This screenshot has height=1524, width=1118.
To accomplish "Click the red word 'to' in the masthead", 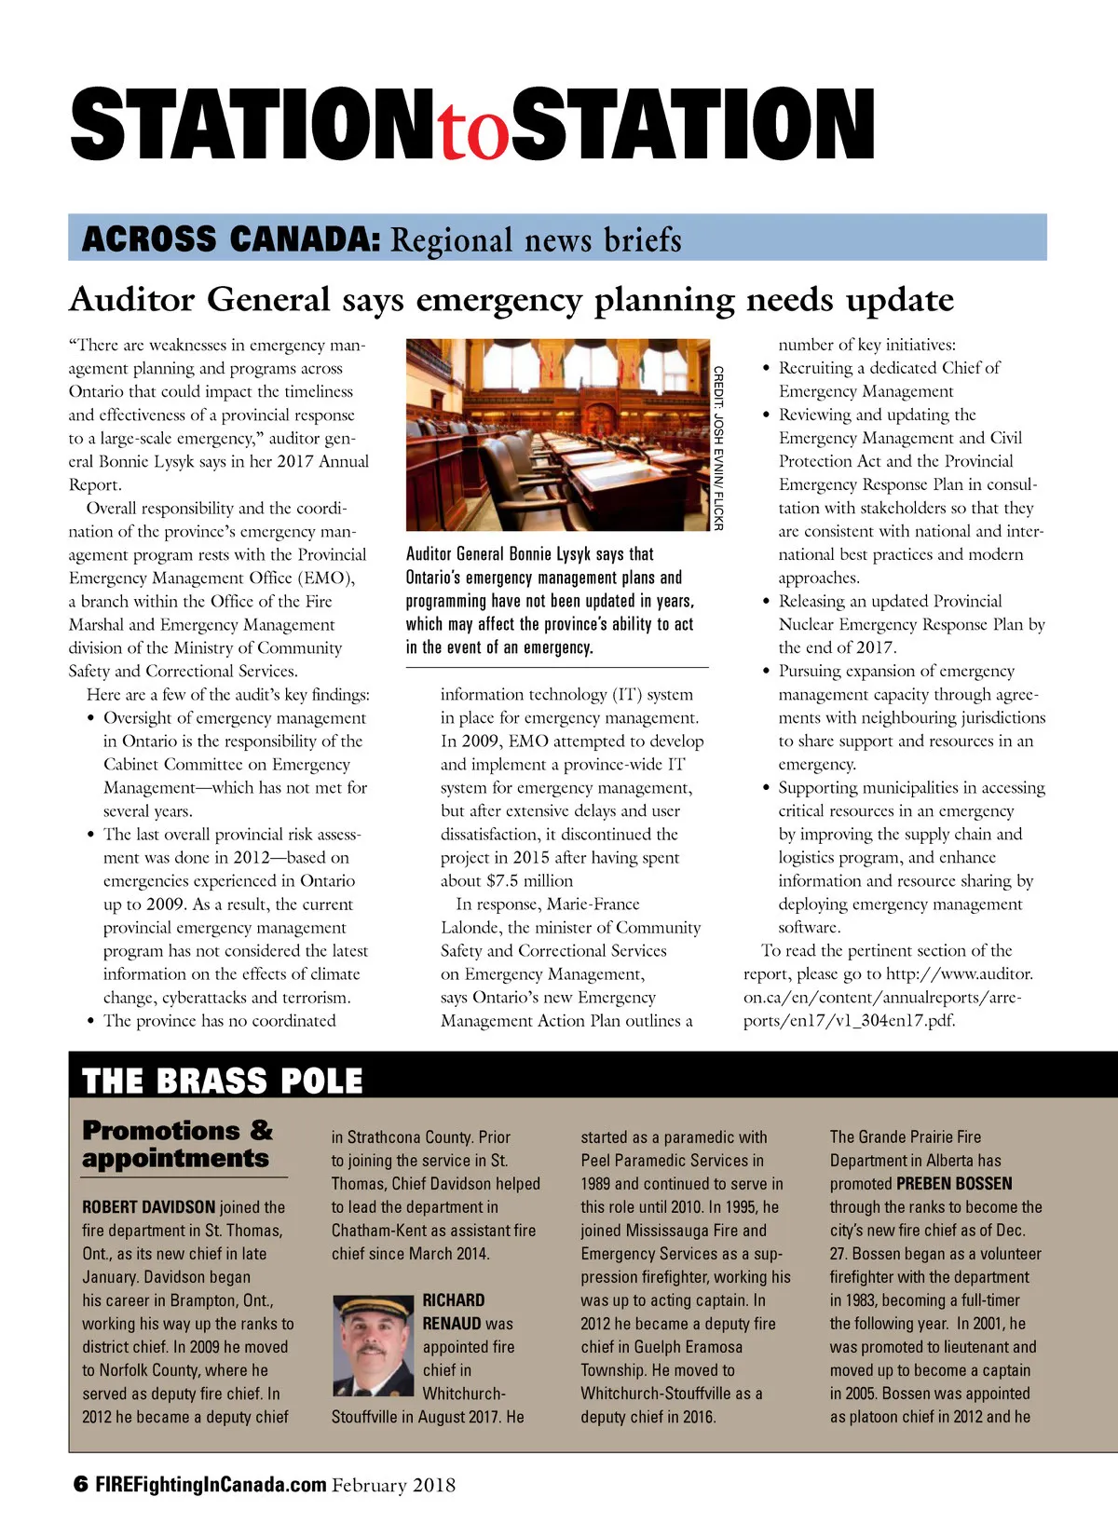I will pyautogui.click(x=475, y=133).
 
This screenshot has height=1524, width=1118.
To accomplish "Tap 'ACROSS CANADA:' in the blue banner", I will pyautogui.click(x=230, y=239).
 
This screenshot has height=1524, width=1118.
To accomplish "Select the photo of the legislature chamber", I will pyautogui.click(x=558, y=435).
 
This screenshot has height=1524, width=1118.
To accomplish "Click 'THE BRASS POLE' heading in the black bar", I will pyautogui.click(x=222, y=1081).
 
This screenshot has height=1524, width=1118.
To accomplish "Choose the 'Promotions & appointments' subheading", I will pyautogui.click(x=177, y=1144).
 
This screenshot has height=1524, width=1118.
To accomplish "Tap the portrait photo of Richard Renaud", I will pyautogui.click(x=373, y=1346).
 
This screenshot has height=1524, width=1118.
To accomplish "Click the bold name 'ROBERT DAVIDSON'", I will pyautogui.click(x=148, y=1207).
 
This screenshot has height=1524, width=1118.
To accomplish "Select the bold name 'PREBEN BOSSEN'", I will pyautogui.click(x=954, y=1184).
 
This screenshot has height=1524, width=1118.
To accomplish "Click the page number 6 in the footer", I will pyautogui.click(x=80, y=1485).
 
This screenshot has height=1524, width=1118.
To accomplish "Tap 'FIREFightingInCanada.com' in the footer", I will pyautogui.click(x=211, y=1485).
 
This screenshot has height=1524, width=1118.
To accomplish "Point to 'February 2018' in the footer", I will pyautogui.click(x=394, y=1485).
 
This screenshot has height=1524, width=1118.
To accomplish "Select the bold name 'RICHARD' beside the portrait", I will pyautogui.click(x=454, y=1300).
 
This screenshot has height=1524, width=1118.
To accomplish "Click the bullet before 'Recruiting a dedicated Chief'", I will pyautogui.click(x=766, y=369).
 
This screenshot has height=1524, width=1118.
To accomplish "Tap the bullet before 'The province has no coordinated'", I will pyautogui.click(x=90, y=1022).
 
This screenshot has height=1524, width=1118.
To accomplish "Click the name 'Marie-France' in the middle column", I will pyautogui.click(x=593, y=905).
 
